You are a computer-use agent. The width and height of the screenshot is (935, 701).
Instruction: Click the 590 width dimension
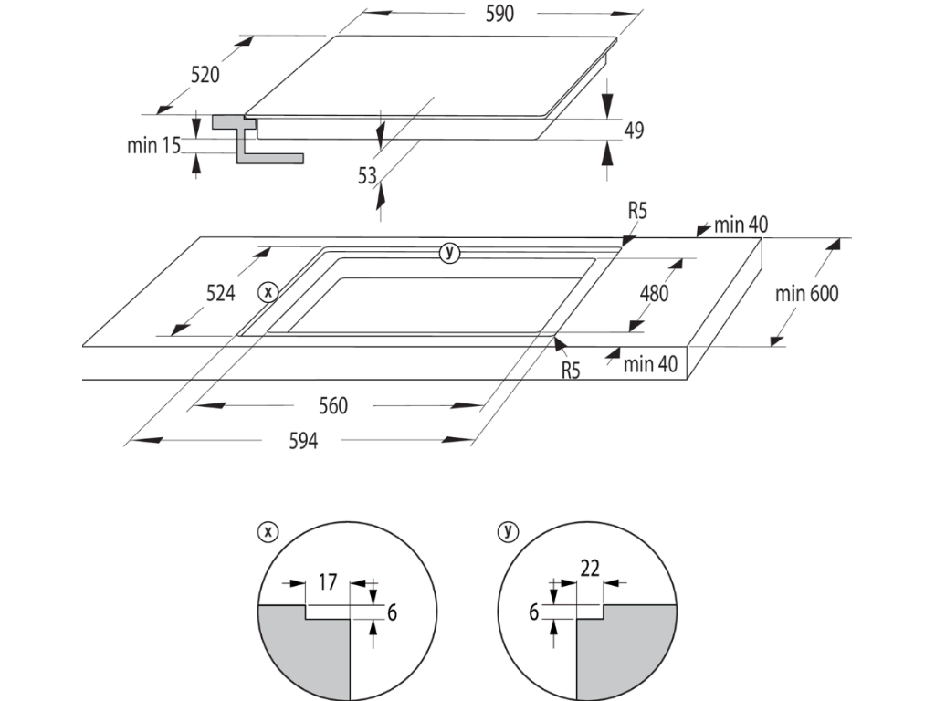coord(500,13)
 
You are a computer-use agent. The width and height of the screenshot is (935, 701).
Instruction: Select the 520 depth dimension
coord(205,75)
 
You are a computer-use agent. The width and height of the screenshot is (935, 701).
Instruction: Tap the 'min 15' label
coord(153,144)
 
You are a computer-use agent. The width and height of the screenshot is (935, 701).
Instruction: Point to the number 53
coord(367,176)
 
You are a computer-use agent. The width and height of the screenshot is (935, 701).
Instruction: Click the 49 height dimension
coord(634,131)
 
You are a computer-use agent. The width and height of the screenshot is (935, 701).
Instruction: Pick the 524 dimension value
coord(220,293)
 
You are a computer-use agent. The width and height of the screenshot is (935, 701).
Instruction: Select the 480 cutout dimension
coord(654,293)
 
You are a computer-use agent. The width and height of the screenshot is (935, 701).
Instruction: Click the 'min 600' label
coord(806,293)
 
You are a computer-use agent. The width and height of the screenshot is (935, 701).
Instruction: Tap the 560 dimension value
coord(332,405)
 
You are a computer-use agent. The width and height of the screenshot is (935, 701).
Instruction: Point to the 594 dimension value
coord(303,441)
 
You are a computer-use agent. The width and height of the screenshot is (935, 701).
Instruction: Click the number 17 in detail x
coord(329,581)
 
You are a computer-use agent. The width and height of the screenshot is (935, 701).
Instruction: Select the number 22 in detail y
coord(589,568)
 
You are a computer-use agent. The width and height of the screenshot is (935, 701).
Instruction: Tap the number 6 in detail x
coord(392,612)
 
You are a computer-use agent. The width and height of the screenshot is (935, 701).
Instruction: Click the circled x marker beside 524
coord(268,292)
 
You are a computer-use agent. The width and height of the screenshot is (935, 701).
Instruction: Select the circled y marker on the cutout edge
coord(448,253)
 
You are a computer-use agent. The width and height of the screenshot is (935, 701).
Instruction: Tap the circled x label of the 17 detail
coord(268,529)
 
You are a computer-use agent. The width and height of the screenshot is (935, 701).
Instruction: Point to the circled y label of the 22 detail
coord(503,529)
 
